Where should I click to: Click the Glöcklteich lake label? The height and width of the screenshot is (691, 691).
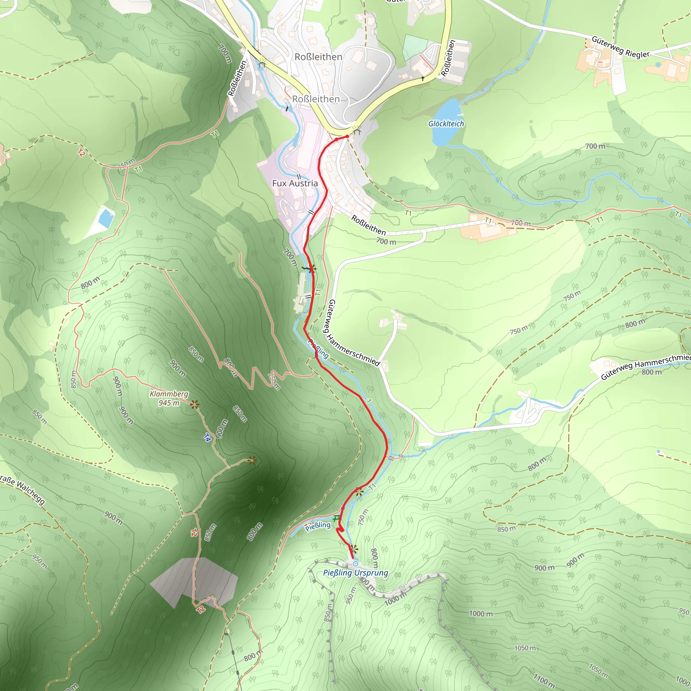[x=446, y=124]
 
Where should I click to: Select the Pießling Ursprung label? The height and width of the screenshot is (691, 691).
[x=355, y=573]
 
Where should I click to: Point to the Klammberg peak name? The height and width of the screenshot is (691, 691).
[x=169, y=394]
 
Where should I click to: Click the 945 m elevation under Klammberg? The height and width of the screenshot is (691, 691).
[x=169, y=403]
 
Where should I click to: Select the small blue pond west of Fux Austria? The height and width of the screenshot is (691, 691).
[x=106, y=218]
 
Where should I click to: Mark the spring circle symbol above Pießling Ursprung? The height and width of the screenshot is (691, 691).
[x=356, y=564]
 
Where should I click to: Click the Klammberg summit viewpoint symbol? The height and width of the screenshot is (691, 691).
[x=194, y=405]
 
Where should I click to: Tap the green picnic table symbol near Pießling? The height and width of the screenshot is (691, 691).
[x=336, y=518]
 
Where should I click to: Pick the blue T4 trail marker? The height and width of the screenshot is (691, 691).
[x=207, y=437]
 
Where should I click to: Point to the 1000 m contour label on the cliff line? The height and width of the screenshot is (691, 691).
[x=395, y=598]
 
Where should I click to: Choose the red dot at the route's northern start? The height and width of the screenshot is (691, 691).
[x=347, y=136]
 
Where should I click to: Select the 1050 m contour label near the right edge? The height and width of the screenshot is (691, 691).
[x=598, y=671]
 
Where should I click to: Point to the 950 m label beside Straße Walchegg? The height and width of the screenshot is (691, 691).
[x=39, y=562]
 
